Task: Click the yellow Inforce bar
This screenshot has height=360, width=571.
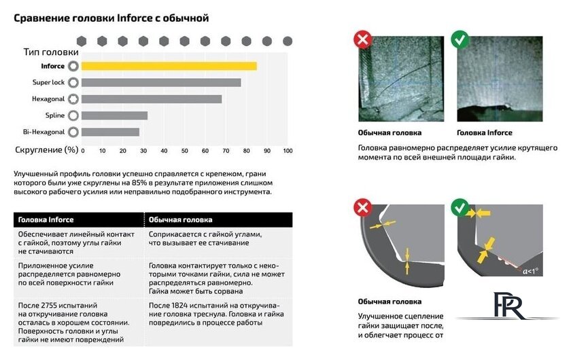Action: tap(169, 66)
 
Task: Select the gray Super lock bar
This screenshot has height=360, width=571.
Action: tap(161, 83)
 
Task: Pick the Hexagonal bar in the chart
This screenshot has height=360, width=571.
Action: tap(152, 99)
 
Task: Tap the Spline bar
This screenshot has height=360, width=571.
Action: tap(114, 115)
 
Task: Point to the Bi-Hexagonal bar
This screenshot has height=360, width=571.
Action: tap(110, 132)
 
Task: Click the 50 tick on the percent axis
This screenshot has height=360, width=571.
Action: tap(185, 151)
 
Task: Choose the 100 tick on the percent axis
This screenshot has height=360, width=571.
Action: tap(288, 151)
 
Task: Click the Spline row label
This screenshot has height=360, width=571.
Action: tap(55, 115)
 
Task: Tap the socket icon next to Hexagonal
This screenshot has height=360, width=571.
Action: tap(73, 98)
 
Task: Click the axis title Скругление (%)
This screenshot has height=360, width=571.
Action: tap(47, 150)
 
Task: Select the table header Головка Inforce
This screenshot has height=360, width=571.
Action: tap(46, 220)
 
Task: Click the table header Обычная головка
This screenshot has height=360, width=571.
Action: tap(180, 220)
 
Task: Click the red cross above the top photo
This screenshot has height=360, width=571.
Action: tap(363, 39)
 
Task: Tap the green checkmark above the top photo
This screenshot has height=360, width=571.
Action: tap(460, 39)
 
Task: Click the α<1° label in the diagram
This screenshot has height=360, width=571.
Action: tap(530, 271)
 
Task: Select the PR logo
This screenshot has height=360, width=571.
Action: tap(508, 306)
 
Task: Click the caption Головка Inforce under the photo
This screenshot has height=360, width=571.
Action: tap(484, 133)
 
